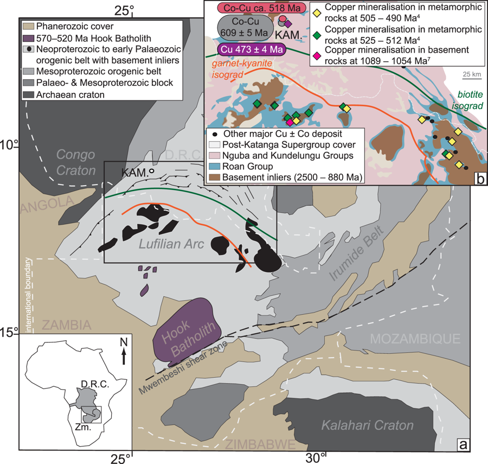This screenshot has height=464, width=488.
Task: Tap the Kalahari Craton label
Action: [367, 425]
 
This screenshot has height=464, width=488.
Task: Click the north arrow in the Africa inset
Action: [124, 351]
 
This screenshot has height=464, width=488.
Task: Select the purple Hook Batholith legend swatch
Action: [29, 38]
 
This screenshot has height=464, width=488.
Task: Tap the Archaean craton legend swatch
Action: [29, 94]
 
